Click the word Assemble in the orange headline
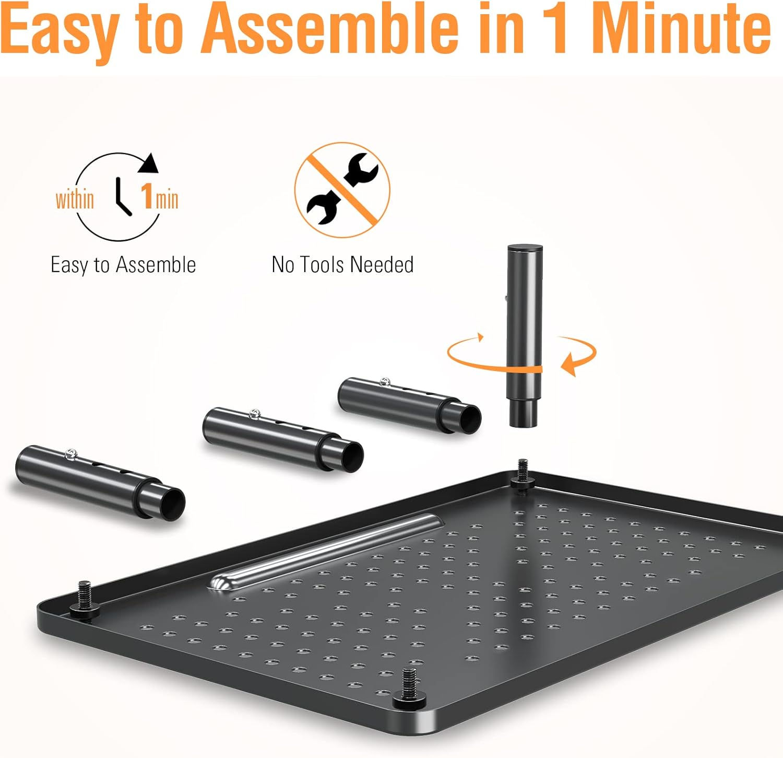coord(329,29)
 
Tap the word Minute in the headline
coord(681,29)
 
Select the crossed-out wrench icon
coord(342,190)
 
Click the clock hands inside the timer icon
coord(122,196)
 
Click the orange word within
coord(75,200)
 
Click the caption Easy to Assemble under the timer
coord(123,265)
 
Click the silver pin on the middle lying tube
coord(255,414)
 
